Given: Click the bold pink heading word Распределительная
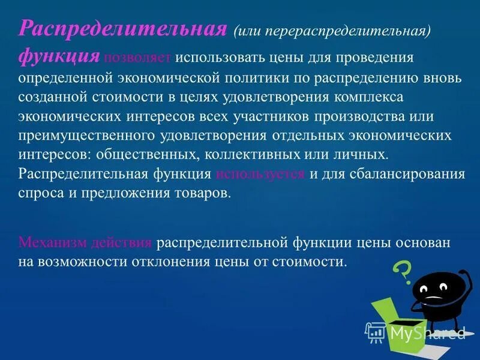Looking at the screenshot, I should click(x=123, y=29).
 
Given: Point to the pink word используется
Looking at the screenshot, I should click(x=260, y=175).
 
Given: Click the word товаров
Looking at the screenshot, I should click(x=203, y=194).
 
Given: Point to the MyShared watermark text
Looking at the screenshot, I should click(x=426, y=332).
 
